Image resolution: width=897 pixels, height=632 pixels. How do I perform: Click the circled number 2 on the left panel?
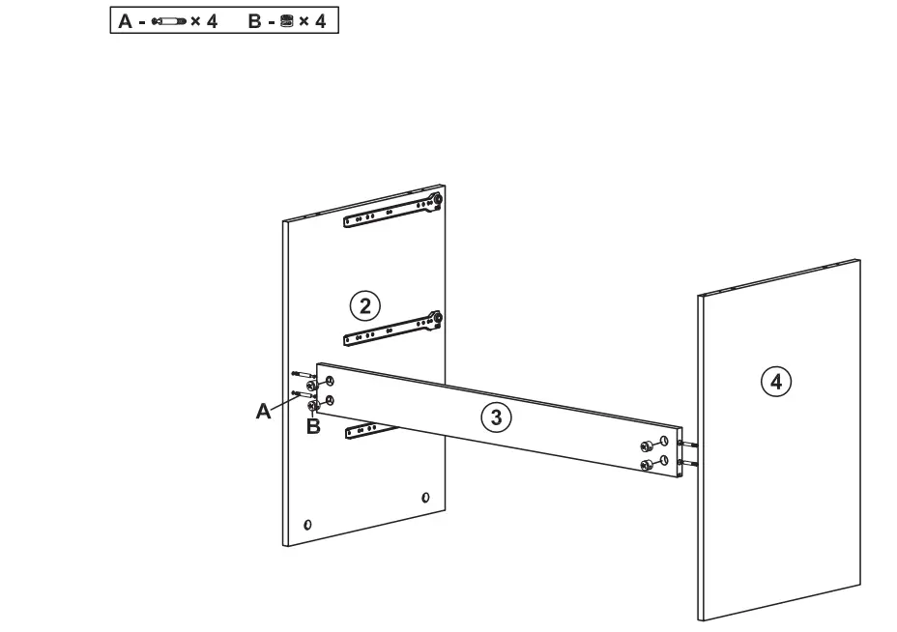(x=363, y=306)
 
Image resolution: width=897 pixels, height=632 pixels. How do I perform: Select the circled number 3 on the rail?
(x=496, y=417)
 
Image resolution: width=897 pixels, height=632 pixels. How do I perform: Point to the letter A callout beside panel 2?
(x=262, y=412)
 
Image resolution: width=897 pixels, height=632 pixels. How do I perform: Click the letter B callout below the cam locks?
(x=312, y=426)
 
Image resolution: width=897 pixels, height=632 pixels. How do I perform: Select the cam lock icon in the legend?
(x=284, y=20)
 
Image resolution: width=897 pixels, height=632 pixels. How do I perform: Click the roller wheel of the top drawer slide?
(x=438, y=200)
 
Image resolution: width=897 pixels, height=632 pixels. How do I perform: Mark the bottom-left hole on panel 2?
(x=306, y=524)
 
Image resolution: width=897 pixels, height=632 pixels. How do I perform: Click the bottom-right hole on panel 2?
(x=425, y=498)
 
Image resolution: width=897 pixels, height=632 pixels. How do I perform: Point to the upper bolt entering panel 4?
(x=688, y=445)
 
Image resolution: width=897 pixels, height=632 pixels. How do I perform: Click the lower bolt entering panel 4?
(x=688, y=464)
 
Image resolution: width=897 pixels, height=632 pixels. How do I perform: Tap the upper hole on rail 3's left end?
(x=330, y=381)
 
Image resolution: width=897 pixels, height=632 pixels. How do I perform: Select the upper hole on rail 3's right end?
(x=664, y=442)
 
